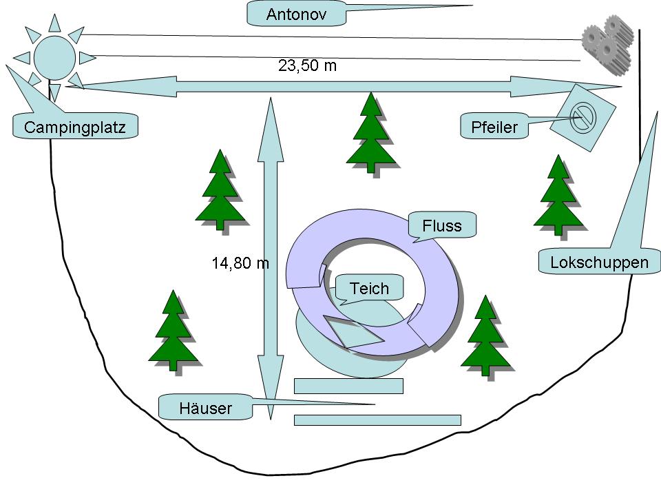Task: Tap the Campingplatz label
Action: click(x=75, y=127)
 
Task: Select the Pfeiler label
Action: click(x=494, y=126)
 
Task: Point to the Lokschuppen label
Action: click(x=599, y=262)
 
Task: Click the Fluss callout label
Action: click(x=442, y=225)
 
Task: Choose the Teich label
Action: click(x=369, y=288)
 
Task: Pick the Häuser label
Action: click(x=205, y=408)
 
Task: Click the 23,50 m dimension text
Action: click(x=308, y=65)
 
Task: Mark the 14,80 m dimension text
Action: click(x=240, y=262)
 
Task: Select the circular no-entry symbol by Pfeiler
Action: click(x=583, y=116)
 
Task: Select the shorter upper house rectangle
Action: click(x=348, y=386)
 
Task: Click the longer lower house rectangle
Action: click(x=377, y=420)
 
